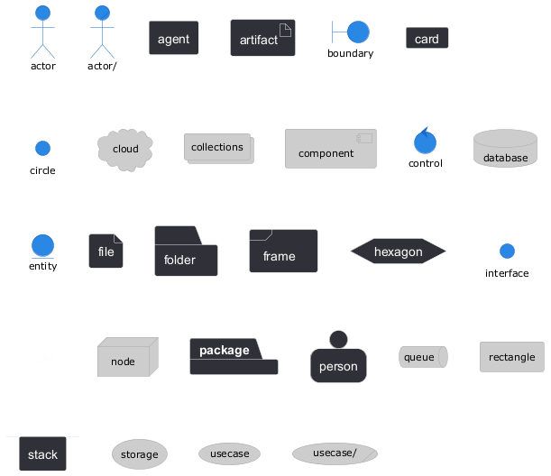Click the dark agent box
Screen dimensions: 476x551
click(x=174, y=39)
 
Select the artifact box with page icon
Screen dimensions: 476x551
click(x=262, y=39)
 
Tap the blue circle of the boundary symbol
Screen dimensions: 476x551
click(x=358, y=32)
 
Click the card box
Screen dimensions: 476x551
click(x=427, y=39)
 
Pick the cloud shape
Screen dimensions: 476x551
click(x=125, y=149)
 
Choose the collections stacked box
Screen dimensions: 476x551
click(x=218, y=149)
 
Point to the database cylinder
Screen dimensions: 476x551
click(x=505, y=149)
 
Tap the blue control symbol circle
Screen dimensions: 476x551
click(x=425, y=142)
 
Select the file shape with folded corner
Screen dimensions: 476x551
click(x=106, y=252)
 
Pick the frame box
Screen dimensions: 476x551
click(x=283, y=252)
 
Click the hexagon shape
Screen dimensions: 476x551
click(x=399, y=252)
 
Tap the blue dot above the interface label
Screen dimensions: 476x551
click(x=507, y=251)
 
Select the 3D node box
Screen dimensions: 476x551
click(x=126, y=359)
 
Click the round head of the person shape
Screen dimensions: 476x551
click(x=338, y=339)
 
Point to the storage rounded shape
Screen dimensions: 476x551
click(x=140, y=454)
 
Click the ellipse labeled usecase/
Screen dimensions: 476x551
click(x=335, y=453)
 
